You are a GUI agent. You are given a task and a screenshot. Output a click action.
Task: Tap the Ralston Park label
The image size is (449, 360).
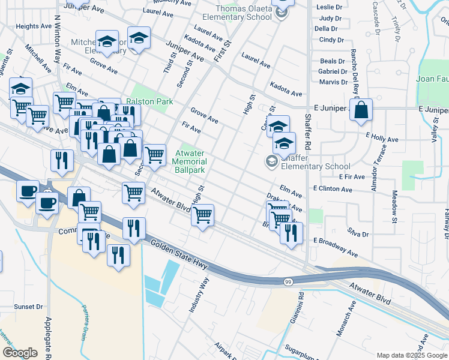pyautogui.click(x=149, y=101)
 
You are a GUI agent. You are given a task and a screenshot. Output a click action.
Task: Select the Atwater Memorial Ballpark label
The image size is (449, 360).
pyautogui.click(x=190, y=161)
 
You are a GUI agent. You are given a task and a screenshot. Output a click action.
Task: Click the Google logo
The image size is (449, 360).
pyautogui.click(x=20, y=352)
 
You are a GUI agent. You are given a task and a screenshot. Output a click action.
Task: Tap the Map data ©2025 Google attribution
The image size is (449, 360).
pyautogui.click(x=411, y=355)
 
